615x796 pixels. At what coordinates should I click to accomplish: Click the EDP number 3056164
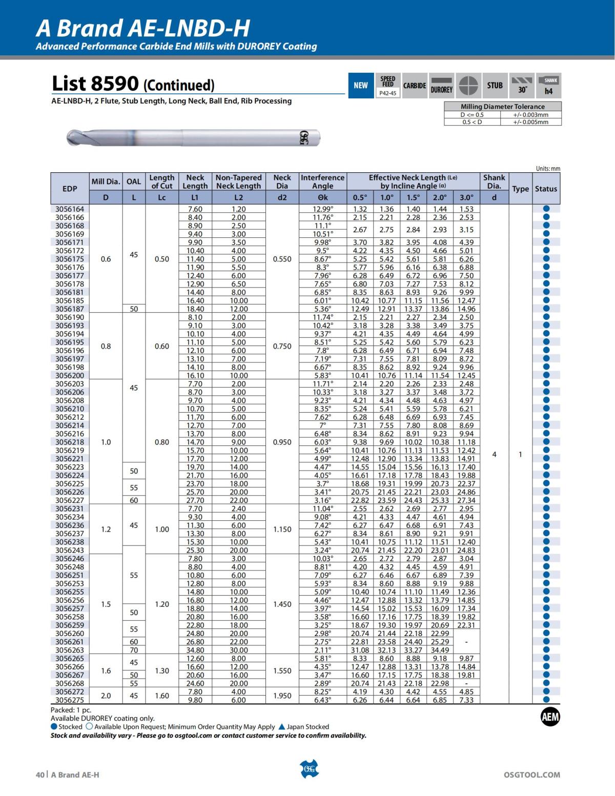tap(70, 209)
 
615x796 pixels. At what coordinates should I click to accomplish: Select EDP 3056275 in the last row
tap(70, 700)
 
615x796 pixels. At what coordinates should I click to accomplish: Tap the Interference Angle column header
tap(322, 182)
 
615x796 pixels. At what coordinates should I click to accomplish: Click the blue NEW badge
tap(360, 86)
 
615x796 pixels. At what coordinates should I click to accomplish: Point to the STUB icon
tap(495, 86)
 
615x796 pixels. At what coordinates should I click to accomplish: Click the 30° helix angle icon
tap(522, 86)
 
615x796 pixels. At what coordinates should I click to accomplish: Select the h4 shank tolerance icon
tap(548, 86)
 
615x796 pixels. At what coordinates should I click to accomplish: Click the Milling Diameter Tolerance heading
tap(502, 107)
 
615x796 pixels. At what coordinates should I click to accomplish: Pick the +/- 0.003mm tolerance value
tap(530, 115)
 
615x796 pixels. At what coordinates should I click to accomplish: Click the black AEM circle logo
tap(550, 717)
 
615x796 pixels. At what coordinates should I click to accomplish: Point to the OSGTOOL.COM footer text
tap(532, 775)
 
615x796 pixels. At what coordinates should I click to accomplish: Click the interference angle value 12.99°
tap(322, 209)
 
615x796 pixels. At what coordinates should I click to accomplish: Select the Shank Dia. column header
tap(494, 182)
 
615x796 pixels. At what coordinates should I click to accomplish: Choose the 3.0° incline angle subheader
tap(466, 197)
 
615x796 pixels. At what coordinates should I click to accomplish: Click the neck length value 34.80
tap(195, 650)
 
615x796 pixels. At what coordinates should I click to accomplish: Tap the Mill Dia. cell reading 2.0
tap(106, 696)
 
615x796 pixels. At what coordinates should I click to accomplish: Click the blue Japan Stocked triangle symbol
tap(281, 727)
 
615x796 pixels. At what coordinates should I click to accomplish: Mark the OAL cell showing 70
tap(134, 650)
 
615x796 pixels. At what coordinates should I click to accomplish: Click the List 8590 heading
tap(133, 84)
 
